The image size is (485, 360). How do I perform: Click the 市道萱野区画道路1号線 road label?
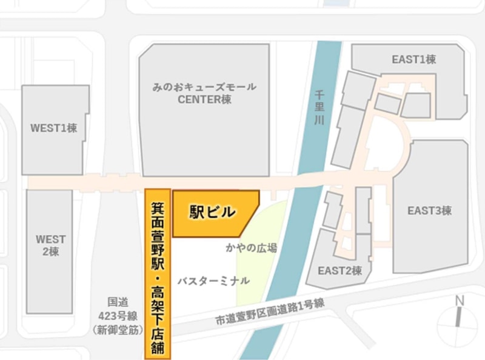pos(270,313)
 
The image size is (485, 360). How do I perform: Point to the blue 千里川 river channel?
pos(297,242)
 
